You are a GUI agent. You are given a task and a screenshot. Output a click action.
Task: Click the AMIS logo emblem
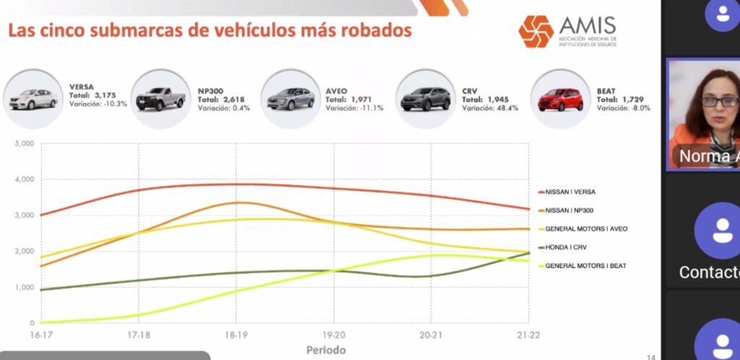(535, 30)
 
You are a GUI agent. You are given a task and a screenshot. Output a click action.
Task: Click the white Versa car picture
(33, 98)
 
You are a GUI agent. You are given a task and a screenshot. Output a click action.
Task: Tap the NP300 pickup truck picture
(160, 99)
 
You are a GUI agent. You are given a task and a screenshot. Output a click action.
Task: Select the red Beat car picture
(560, 100)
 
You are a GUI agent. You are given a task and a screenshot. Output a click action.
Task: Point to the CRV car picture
(425, 99)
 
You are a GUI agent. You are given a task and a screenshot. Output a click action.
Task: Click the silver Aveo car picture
(291, 99)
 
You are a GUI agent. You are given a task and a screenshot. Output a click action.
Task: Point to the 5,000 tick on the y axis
(24, 144)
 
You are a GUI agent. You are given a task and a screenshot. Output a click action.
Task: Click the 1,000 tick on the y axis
(24, 288)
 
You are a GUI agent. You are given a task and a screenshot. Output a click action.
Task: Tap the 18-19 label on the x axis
(236, 335)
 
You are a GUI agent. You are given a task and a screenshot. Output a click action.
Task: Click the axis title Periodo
(325, 350)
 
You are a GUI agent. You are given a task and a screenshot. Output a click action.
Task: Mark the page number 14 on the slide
(650, 356)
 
